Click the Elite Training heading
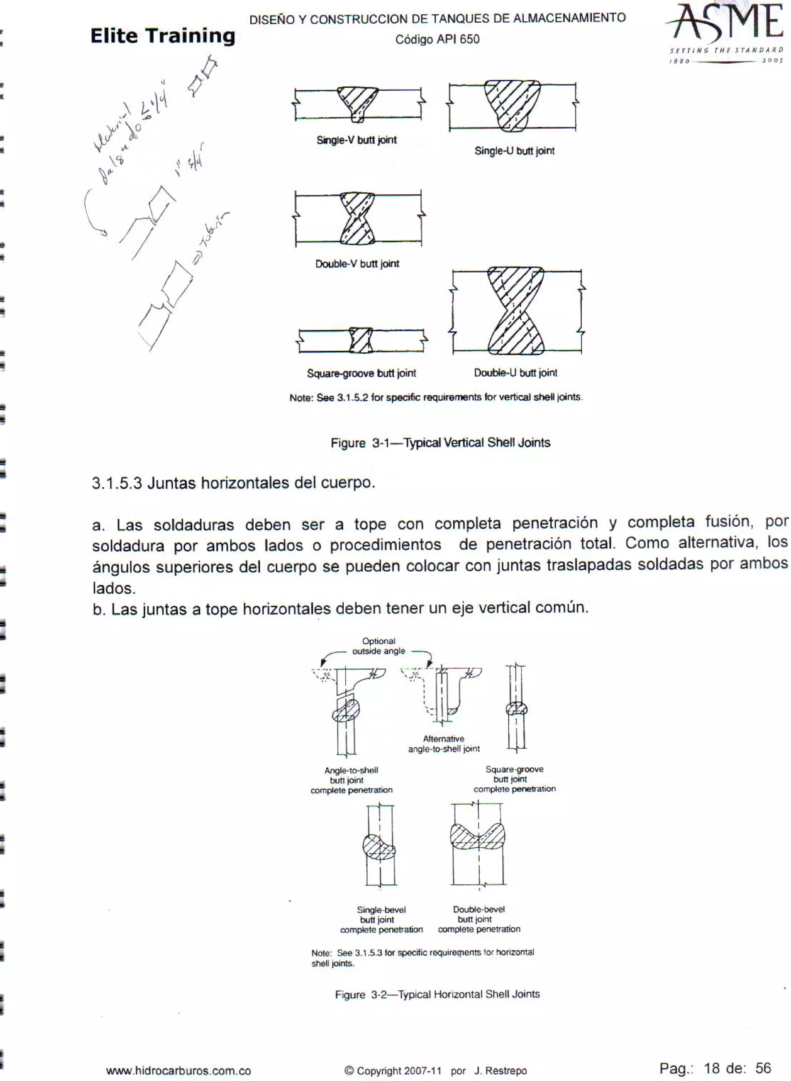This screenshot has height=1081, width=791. (x=163, y=36)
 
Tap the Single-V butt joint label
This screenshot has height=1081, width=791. (x=357, y=140)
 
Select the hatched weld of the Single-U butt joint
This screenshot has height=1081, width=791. (x=512, y=104)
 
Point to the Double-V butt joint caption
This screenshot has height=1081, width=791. (x=357, y=264)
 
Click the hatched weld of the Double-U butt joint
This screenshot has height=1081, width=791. (x=516, y=311)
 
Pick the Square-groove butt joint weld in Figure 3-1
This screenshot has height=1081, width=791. (x=361, y=340)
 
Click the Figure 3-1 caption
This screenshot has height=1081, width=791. (x=441, y=442)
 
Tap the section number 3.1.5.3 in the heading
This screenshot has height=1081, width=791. (x=117, y=483)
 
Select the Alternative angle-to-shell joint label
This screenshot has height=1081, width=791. (x=444, y=743)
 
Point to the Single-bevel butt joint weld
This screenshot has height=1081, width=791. (x=379, y=847)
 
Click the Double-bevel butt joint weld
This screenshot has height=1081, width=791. (x=477, y=837)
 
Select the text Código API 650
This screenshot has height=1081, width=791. (x=437, y=39)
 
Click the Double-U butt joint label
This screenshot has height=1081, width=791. (x=516, y=372)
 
